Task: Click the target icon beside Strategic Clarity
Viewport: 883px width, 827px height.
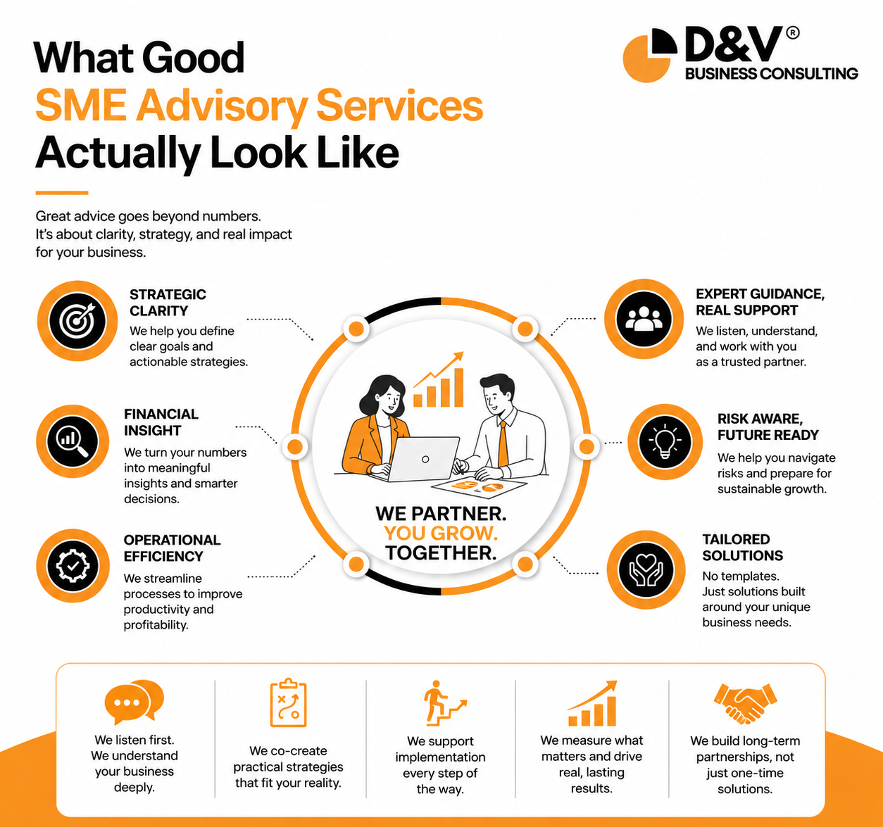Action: (x=77, y=320)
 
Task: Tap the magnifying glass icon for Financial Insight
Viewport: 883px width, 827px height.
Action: (x=73, y=441)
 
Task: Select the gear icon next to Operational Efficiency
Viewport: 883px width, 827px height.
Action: (x=73, y=566)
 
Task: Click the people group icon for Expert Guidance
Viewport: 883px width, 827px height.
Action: (x=644, y=319)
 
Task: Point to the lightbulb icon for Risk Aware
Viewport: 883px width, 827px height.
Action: (x=665, y=441)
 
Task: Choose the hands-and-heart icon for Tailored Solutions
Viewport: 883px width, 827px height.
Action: (x=646, y=569)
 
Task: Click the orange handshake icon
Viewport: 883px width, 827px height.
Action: (x=745, y=703)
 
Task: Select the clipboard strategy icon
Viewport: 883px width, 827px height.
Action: (x=289, y=702)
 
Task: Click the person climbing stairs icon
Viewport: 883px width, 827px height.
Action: (x=444, y=703)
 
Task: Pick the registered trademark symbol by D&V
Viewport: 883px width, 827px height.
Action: (x=792, y=33)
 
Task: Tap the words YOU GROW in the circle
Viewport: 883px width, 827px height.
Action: (x=441, y=533)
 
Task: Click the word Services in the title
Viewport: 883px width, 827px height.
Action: (x=399, y=106)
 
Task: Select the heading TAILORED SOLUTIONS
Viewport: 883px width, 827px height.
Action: (x=742, y=548)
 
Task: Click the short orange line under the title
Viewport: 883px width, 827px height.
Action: (x=62, y=193)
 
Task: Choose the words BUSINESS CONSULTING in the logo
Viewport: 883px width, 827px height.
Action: (x=772, y=74)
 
